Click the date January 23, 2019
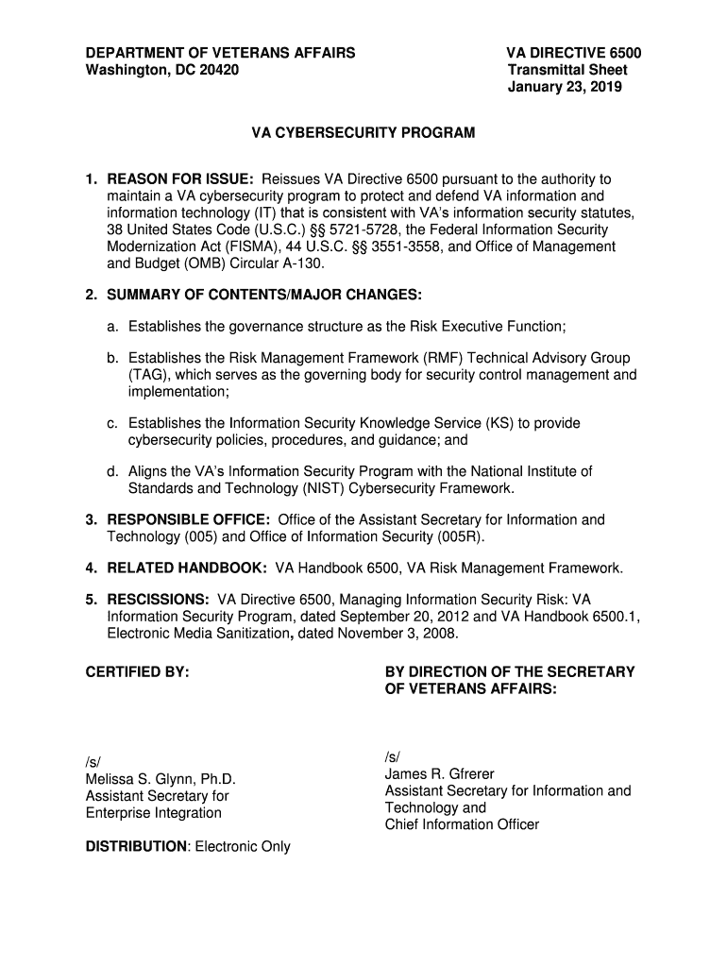point(565,88)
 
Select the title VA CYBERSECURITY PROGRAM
point(363,134)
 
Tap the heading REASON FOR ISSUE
point(179,179)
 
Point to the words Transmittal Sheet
point(567,70)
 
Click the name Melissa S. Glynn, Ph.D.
point(160,779)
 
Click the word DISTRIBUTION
point(136,846)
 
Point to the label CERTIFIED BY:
point(138,671)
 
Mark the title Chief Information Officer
point(462,824)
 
